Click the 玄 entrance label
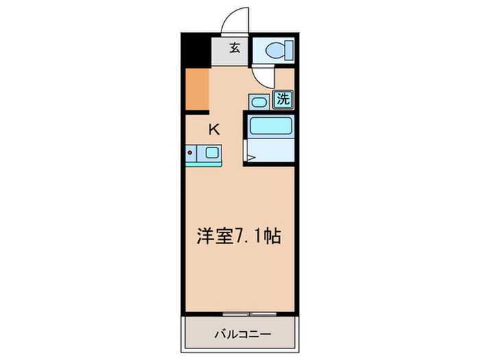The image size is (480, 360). pyautogui.click(x=235, y=48)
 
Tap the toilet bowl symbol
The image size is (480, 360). pyautogui.click(x=278, y=49)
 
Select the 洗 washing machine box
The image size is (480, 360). pyautogui.click(x=283, y=99)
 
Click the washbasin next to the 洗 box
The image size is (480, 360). pyautogui.click(x=259, y=101)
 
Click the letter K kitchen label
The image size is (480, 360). pyautogui.click(x=215, y=128)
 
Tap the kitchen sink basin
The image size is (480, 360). pyautogui.click(x=213, y=152)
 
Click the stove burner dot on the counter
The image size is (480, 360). pyautogui.click(x=190, y=152)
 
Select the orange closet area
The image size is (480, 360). pyautogui.click(x=197, y=89)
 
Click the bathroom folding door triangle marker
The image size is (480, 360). pyautogui.click(x=250, y=158)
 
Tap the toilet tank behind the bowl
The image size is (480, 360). pyautogui.click(x=289, y=49)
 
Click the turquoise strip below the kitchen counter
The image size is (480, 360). pyautogui.click(x=203, y=164)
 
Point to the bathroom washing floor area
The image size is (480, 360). pyautogui.click(x=272, y=151)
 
